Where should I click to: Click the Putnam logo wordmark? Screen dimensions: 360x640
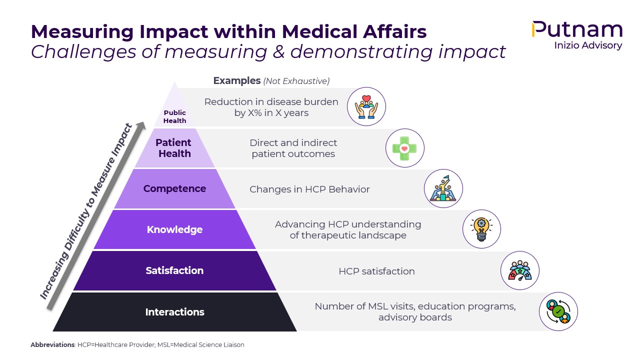click(x=577, y=30)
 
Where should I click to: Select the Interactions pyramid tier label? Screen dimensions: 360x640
click(x=174, y=312)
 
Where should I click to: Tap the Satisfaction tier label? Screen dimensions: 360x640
click(x=174, y=270)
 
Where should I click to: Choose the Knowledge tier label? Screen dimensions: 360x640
click(x=174, y=229)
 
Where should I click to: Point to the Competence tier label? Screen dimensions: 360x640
click(x=174, y=188)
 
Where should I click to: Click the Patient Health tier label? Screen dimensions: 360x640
click(x=173, y=148)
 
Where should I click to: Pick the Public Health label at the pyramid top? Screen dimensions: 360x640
click(x=175, y=116)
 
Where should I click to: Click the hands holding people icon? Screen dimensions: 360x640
click(x=366, y=106)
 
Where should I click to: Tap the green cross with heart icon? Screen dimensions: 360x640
click(x=404, y=148)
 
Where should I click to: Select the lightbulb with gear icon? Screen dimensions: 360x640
click(x=481, y=229)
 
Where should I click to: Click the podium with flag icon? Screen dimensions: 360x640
click(x=443, y=188)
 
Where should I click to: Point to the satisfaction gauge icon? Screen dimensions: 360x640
click(x=520, y=270)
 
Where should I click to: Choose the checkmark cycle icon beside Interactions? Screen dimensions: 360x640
click(x=558, y=311)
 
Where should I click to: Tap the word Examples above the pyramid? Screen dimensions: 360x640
click(x=237, y=80)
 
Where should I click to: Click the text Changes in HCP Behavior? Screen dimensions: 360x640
click(x=309, y=189)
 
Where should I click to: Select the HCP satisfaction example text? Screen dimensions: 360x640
click(x=376, y=271)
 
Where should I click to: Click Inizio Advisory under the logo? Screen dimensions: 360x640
click(x=588, y=45)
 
